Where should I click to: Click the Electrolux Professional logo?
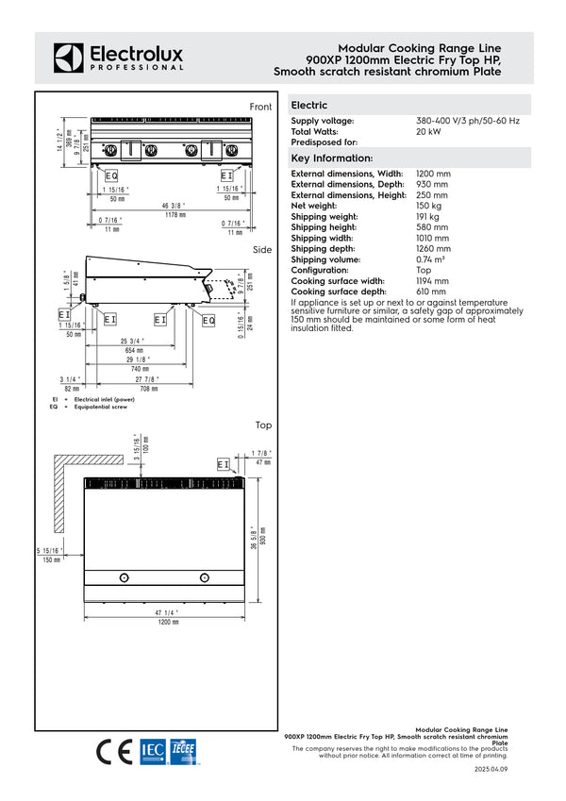click(x=118, y=57)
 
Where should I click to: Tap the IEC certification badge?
click(x=153, y=751)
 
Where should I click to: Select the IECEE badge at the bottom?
click(x=183, y=751)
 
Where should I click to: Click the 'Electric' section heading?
click(x=309, y=106)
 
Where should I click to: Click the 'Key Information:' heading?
click(x=332, y=158)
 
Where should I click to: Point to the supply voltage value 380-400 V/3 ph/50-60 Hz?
click(x=468, y=122)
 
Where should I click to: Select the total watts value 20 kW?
click(x=428, y=132)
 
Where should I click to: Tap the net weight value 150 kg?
click(x=429, y=205)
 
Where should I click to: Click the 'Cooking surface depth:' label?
click(x=345, y=292)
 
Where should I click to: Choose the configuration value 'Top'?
click(x=424, y=270)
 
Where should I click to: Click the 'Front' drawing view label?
click(x=260, y=108)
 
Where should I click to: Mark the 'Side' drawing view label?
click(x=262, y=250)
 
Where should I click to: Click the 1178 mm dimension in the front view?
click(x=173, y=215)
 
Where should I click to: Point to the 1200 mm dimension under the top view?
click(x=168, y=623)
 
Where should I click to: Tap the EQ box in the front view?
click(x=110, y=175)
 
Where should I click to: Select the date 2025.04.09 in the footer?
click(x=491, y=770)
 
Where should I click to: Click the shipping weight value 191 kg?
click(x=428, y=216)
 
